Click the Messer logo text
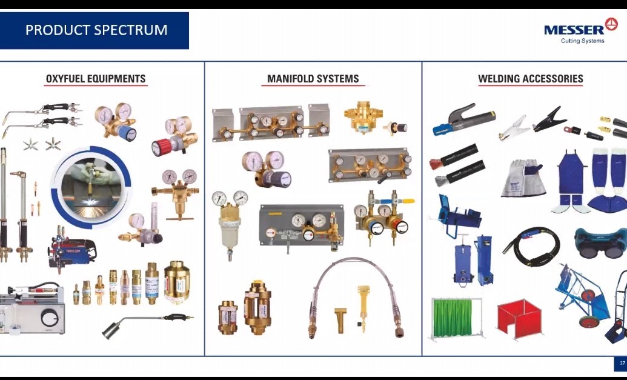574,30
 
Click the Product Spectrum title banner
95,30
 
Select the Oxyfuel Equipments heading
96,79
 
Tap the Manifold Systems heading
313,79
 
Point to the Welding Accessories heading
531,79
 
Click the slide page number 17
622,363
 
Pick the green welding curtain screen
453,318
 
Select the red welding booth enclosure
520,319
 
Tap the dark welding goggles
600,243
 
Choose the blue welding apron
571,176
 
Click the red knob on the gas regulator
161,147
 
